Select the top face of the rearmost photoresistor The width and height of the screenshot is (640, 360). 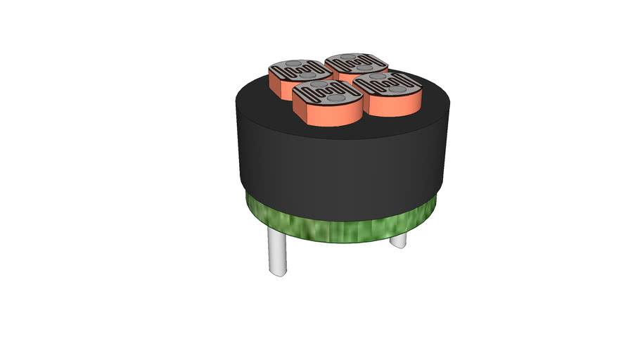coord(357,63)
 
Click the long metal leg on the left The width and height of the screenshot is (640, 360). coord(277,253)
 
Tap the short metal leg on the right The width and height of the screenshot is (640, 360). coord(398,240)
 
